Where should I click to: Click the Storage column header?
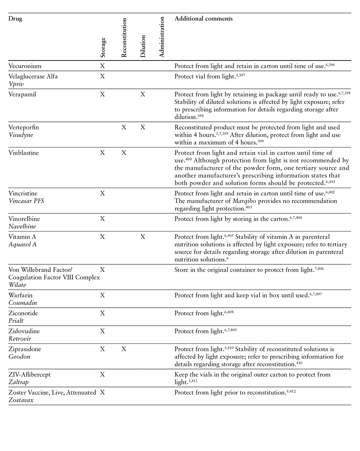103,48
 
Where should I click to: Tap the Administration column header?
161,37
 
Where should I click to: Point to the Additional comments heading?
203,19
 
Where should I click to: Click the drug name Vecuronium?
25,66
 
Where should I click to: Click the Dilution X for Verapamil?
143,94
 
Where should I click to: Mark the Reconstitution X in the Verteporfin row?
124,127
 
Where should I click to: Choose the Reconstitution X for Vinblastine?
124,153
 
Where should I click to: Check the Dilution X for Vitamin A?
143,237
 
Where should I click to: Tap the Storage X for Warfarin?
102,295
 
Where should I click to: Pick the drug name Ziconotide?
23,313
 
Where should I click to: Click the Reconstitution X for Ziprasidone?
124,349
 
